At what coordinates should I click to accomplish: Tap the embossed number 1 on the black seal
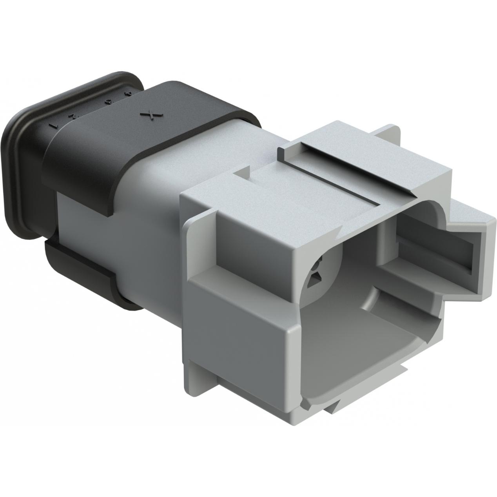point(56,126)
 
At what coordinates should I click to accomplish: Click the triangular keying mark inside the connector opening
point(315,280)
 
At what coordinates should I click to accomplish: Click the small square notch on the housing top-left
point(242,172)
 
